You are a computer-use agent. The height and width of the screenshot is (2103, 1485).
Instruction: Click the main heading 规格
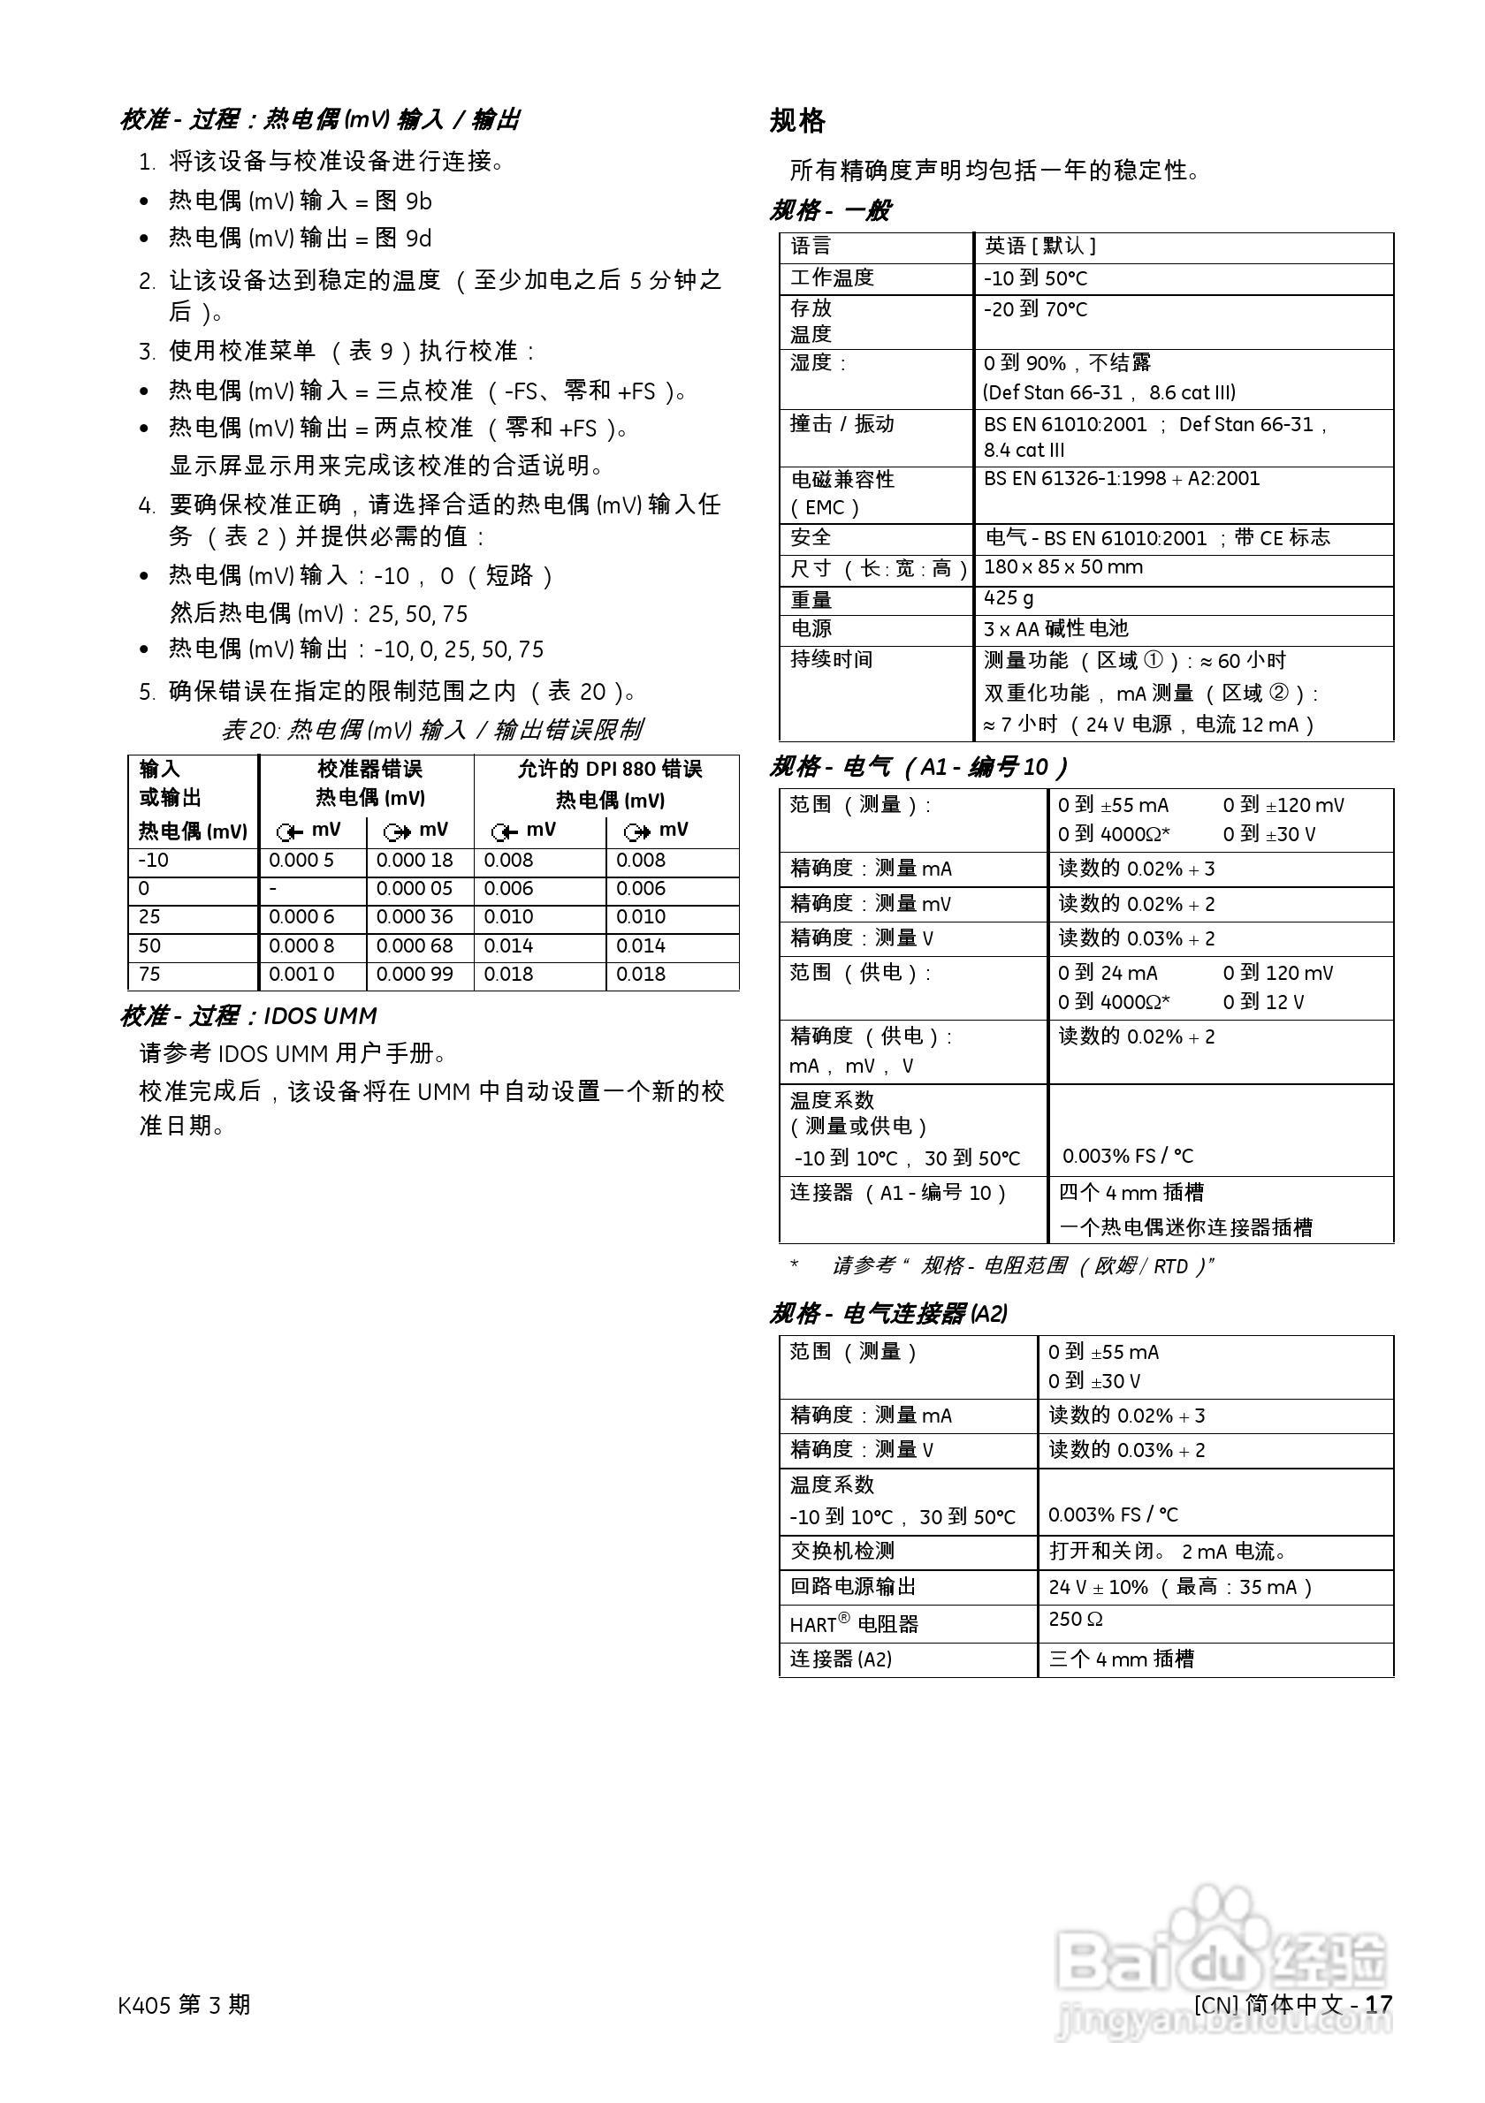coord(797,121)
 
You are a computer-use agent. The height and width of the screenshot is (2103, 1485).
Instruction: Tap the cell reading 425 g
coord(1009,598)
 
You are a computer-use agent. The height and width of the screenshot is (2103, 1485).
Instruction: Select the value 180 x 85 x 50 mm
coord(1062,567)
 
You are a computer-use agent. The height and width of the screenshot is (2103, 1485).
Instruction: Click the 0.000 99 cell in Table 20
coord(415,975)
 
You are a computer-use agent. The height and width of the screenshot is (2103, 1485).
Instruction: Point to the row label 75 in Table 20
coord(149,975)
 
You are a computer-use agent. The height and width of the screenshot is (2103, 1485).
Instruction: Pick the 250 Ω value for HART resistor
coord(1076,1620)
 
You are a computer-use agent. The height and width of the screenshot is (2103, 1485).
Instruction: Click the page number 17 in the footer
coord(1379,2004)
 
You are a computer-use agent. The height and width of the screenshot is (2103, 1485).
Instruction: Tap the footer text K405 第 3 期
coord(184,2005)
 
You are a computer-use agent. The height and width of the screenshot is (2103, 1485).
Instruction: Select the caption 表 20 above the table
coord(431,730)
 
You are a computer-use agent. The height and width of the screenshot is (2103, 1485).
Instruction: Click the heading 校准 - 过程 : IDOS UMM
coord(248,1016)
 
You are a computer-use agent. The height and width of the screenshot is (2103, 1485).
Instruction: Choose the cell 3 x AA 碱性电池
coord(1055,628)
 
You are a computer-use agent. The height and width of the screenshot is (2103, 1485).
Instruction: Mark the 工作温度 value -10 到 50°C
coord(1035,278)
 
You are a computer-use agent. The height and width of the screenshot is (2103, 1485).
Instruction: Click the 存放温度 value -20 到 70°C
coord(1035,309)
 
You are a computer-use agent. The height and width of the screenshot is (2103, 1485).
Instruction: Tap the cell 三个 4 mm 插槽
coord(1122,1659)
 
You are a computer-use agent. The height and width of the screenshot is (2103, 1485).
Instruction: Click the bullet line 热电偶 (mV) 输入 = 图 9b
coord(300,201)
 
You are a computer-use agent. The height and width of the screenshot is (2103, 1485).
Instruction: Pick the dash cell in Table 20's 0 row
coord(273,888)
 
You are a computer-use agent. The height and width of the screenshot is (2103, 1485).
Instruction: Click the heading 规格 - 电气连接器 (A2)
coord(887,1313)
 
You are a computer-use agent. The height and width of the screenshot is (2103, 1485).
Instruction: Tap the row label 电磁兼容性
coord(842,480)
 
